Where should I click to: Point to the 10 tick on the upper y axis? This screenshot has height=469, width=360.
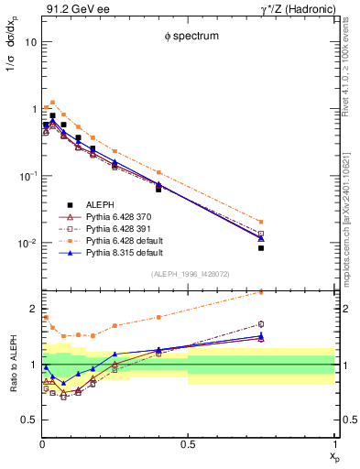pyautogui.click(x=30, y=42)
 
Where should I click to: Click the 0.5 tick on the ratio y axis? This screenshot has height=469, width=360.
pyautogui.click(x=28, y=420)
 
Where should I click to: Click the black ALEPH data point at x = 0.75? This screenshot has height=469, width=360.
pyautogui.click(x=261, y=247)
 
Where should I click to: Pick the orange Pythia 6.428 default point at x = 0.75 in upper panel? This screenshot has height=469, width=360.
pyautogui.click(x=261, y=222)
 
